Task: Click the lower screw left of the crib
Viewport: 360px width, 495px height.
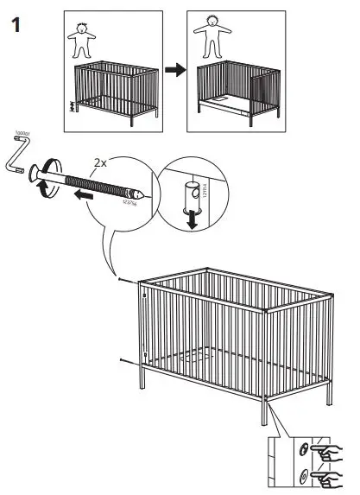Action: pos(124,360)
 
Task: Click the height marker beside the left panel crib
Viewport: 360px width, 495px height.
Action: pos(72,109)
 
